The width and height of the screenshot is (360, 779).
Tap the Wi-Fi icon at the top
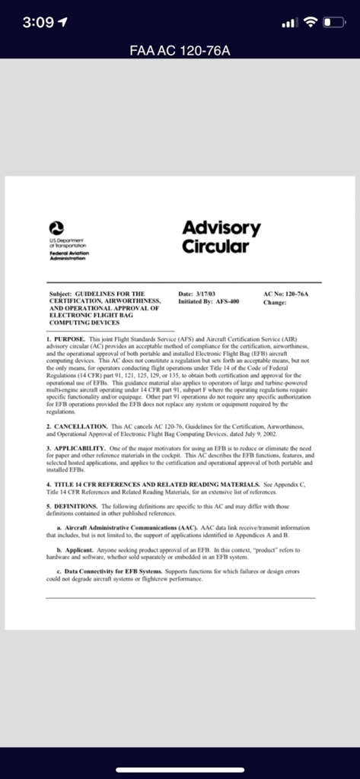[x=311, y=22]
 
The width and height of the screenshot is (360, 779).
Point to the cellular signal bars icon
[x=288, y=23]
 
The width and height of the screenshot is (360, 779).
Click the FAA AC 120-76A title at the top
[x=180, y=50]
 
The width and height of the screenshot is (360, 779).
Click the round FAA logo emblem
[x=55, y=227]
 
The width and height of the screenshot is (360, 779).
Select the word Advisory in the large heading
[x=221, y=228]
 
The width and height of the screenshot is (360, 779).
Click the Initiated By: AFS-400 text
[x=209, y=301]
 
